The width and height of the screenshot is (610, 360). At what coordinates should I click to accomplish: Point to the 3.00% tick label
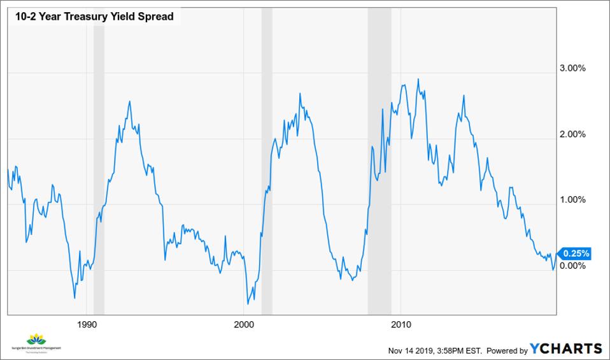571,69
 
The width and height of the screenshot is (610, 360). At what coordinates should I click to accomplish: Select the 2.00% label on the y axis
571,134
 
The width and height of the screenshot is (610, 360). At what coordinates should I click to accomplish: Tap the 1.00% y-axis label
571,200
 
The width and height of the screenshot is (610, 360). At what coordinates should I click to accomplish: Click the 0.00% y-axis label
571,266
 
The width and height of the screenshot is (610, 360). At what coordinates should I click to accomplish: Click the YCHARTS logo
566,349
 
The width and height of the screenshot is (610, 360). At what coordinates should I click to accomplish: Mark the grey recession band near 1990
99,159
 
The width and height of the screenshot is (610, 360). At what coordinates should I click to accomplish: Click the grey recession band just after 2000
267,159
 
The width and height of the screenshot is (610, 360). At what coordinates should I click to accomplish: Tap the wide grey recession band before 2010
379,159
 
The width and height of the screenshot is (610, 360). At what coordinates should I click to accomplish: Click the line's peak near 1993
130,101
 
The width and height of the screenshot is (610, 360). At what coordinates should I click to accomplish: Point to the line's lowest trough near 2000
248,304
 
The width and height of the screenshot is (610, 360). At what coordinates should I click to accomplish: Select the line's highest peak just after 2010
418,79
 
